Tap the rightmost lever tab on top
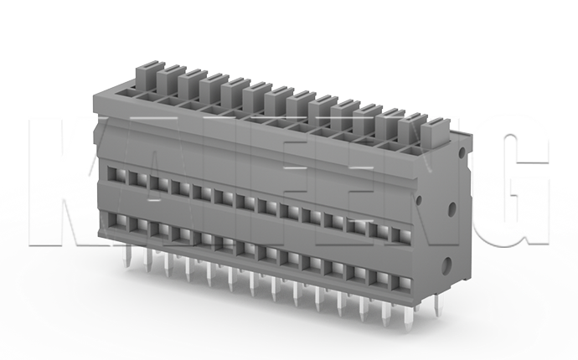pos(435,131)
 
